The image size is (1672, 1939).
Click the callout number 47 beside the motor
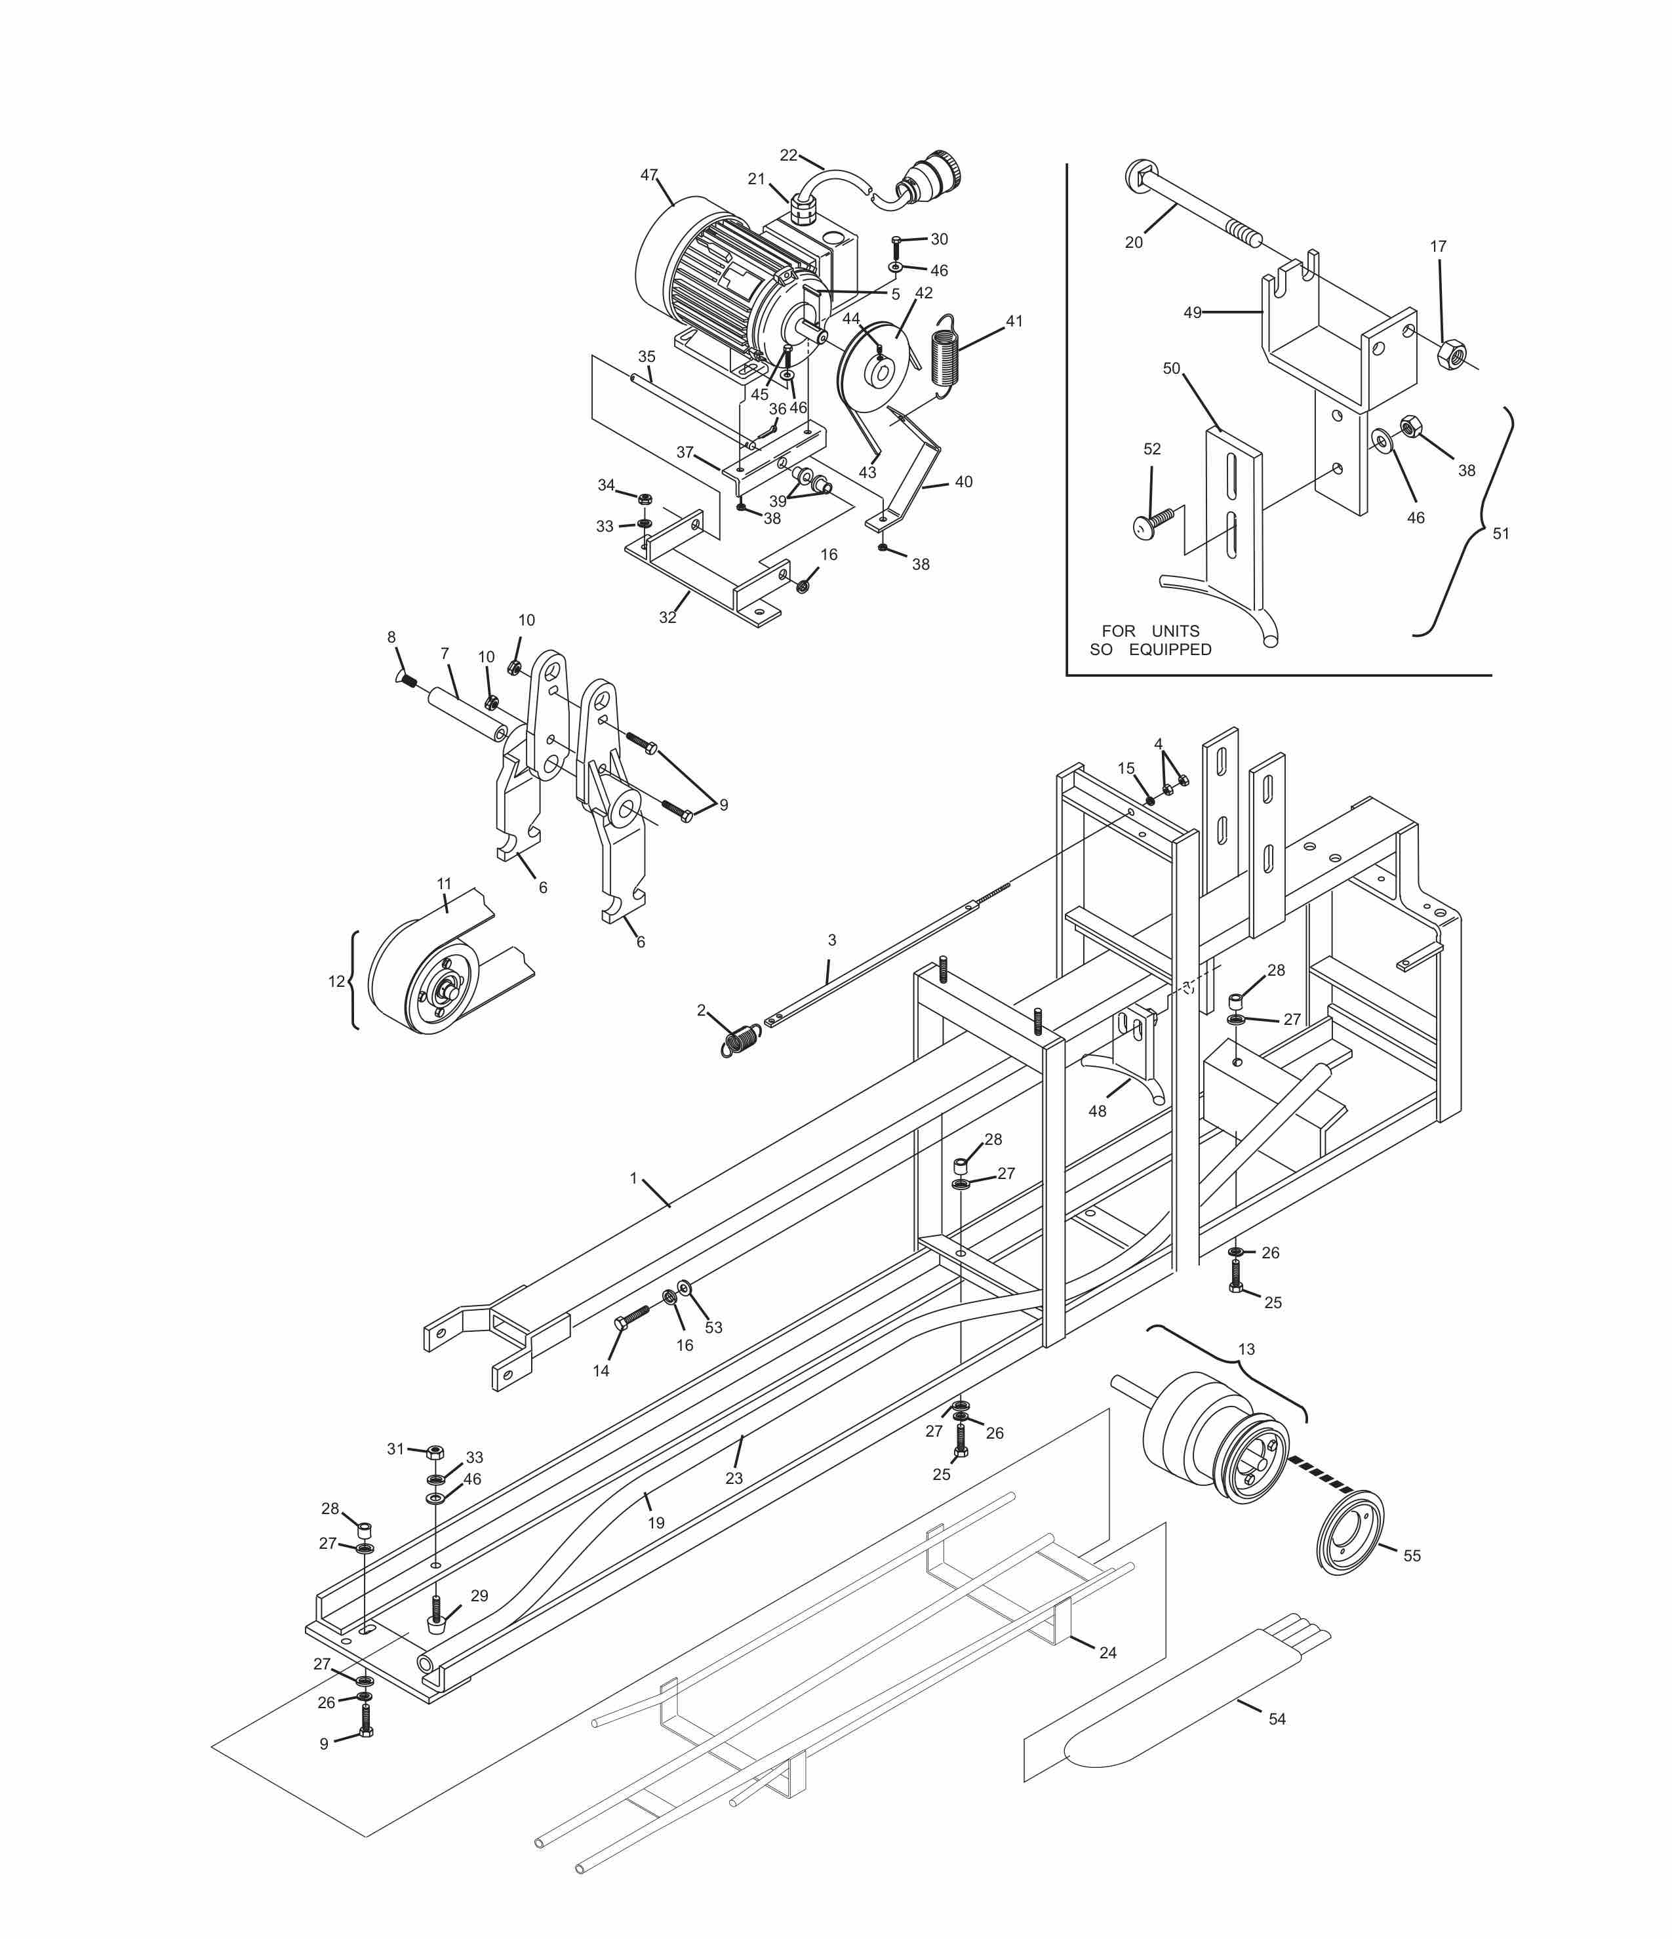[648, 175]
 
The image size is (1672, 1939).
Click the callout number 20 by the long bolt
[1133, 243]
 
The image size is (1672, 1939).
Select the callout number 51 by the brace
[1500, 533]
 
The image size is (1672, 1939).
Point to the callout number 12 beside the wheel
[336, 982]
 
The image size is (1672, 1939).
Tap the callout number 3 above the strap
[832, 940]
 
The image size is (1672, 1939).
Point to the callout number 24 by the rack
[1107, 1652]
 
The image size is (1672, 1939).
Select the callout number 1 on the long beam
[633, 1178]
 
